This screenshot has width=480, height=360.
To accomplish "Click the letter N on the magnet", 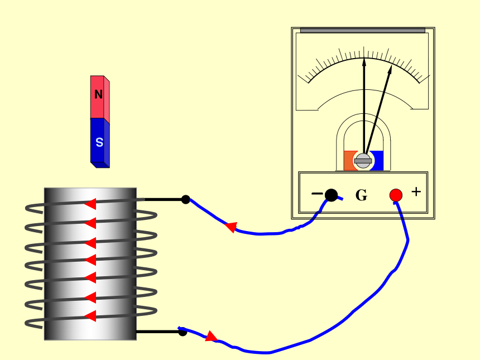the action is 98,94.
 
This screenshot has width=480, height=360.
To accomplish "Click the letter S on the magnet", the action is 99,142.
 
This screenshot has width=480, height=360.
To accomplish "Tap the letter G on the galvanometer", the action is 361,195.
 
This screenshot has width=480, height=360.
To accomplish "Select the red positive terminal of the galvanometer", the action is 396,195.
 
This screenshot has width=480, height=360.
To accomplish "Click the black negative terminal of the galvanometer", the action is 331,195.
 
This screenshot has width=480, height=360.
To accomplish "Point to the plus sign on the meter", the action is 416,191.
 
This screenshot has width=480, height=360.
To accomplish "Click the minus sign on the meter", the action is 317,194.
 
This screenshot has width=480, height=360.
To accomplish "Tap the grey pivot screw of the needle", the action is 363,161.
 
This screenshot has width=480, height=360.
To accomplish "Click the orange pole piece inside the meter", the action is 349,160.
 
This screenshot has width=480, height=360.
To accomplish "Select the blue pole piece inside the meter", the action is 377,160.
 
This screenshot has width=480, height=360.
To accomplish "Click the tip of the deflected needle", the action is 391,65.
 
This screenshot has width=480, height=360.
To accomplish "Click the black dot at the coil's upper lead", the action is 185,199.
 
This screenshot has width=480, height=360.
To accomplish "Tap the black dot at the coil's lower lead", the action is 183,332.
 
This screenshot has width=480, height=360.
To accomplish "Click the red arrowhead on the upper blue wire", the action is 231,227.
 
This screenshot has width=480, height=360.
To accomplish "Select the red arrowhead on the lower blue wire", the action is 211,336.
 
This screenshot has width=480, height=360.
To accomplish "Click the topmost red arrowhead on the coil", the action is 90,204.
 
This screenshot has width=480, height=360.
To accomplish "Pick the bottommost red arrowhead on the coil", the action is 90,316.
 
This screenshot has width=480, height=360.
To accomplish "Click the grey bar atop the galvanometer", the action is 363,30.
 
